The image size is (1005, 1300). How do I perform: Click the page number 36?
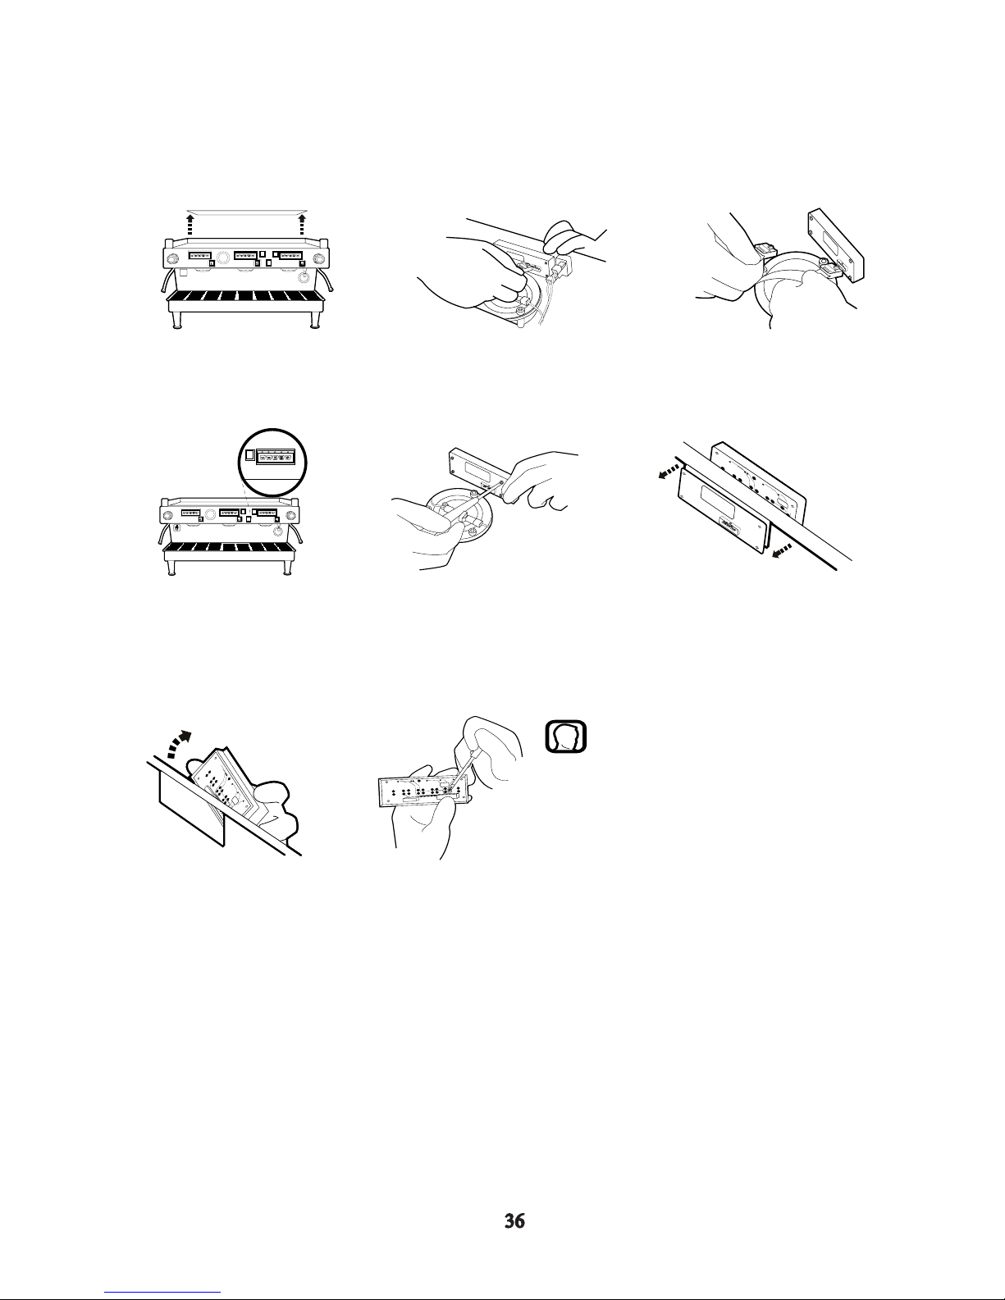pos(514,1221)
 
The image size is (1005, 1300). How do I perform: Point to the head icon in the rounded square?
pos(565,736)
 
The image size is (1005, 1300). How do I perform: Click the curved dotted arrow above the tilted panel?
pos(180,743)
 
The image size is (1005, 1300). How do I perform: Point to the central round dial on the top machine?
pos(223,258)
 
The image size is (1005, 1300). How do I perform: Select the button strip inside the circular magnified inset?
pos(276,458)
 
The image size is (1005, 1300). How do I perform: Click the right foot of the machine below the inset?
pos(287,568)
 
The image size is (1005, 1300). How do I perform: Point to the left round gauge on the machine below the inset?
pos(168,515)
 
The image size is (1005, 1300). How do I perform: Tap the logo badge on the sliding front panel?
pos(729,526)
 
